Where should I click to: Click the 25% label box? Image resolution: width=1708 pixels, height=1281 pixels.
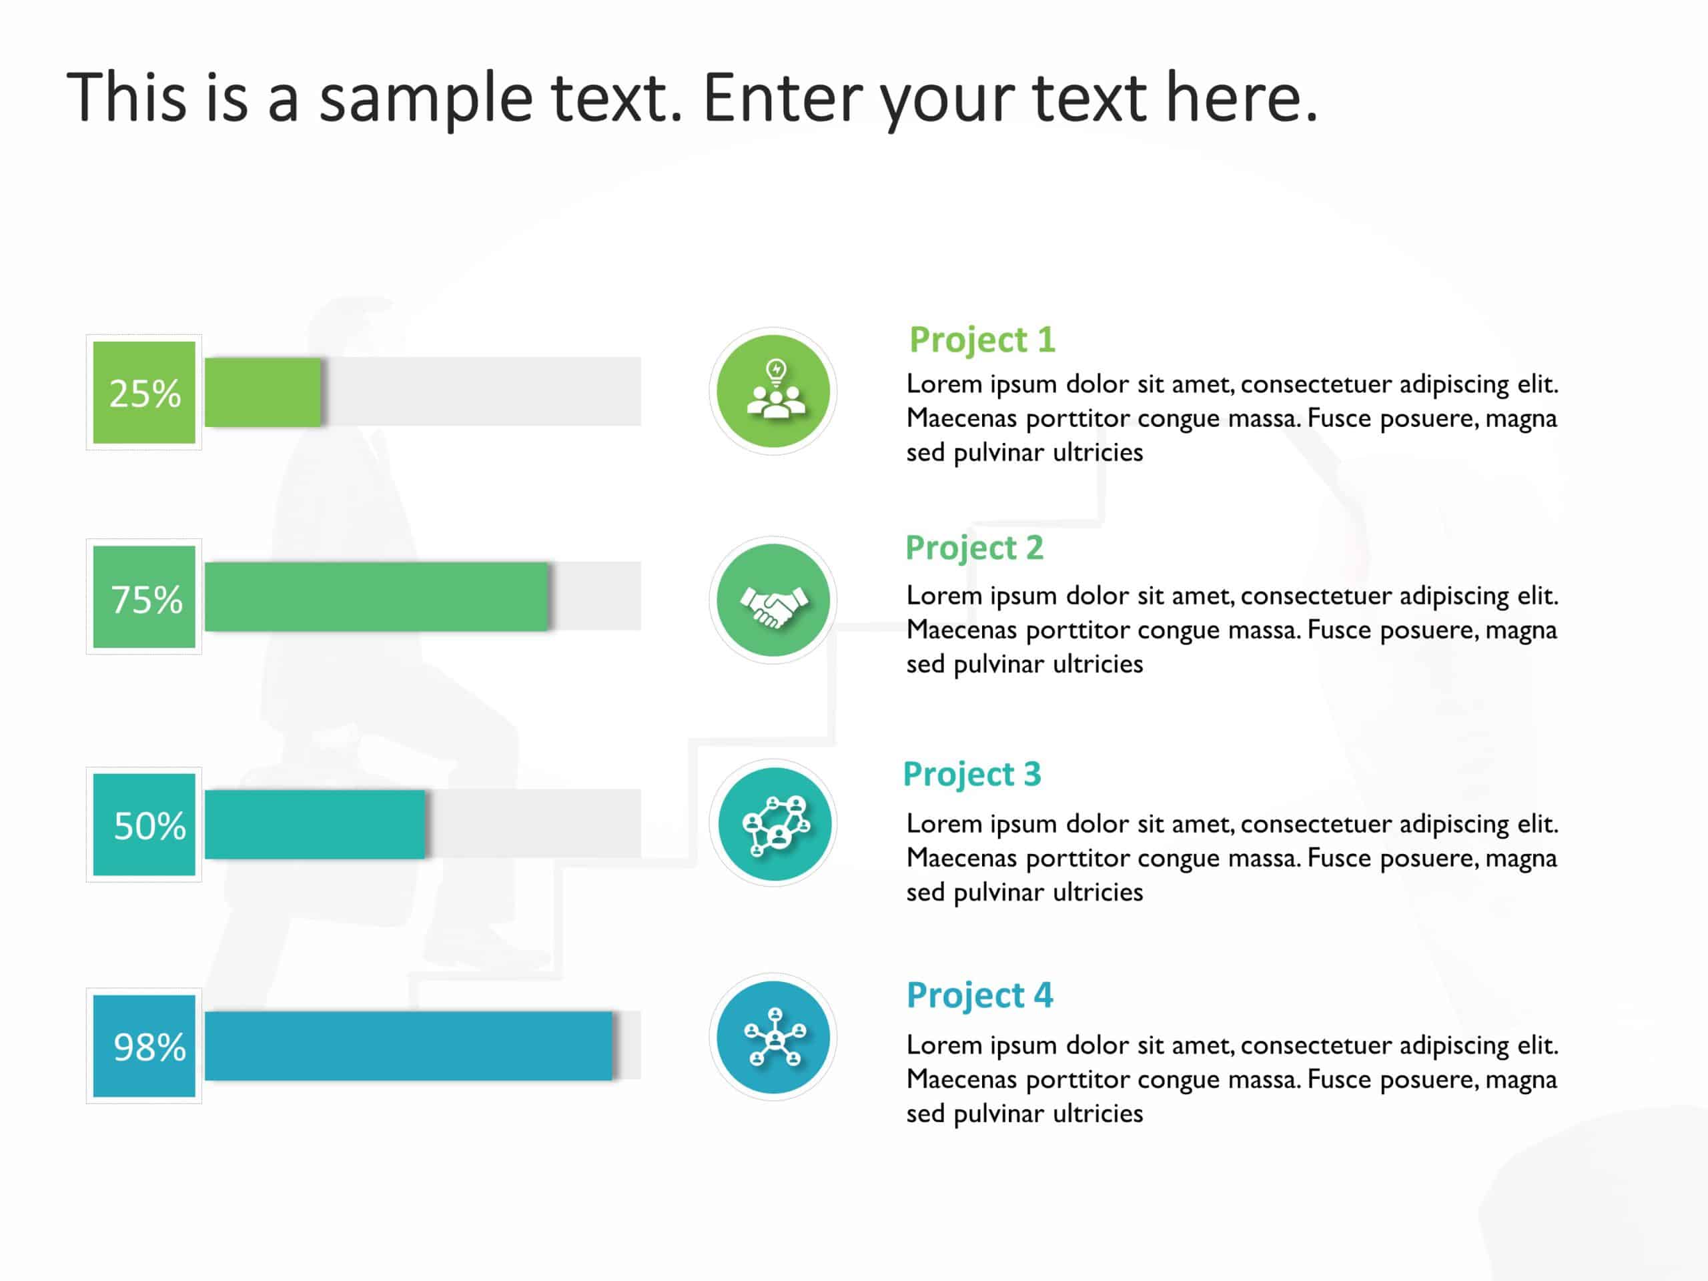point(143,392)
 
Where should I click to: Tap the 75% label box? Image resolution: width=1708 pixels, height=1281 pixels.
point(143,597)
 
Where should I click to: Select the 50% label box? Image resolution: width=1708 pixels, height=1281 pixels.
point(143,825)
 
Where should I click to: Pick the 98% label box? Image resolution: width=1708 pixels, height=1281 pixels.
point(143,1045)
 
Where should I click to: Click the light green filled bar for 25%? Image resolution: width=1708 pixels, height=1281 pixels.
point(262,392)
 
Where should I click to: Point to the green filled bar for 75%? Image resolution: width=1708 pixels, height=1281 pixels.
point(377,597)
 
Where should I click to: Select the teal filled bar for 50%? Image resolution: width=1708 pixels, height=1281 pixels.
point(315,825)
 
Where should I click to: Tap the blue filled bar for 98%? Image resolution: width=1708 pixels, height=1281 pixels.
point(408,1045)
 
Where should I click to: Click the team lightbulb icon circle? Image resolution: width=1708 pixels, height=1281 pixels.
point(773,392)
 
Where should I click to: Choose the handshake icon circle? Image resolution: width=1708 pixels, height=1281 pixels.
point(773,600)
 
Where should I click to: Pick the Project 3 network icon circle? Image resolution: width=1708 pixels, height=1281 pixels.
point(773,823)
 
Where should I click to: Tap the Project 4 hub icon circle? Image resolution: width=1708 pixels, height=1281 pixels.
point(773,1037)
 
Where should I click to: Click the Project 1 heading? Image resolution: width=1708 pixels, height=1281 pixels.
point(982,340)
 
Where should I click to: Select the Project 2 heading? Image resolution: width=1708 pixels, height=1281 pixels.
point(975,549)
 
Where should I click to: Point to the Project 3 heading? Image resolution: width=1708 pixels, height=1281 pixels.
point(972,775)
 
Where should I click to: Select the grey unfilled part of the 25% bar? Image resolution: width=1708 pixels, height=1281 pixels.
point(481,392)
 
